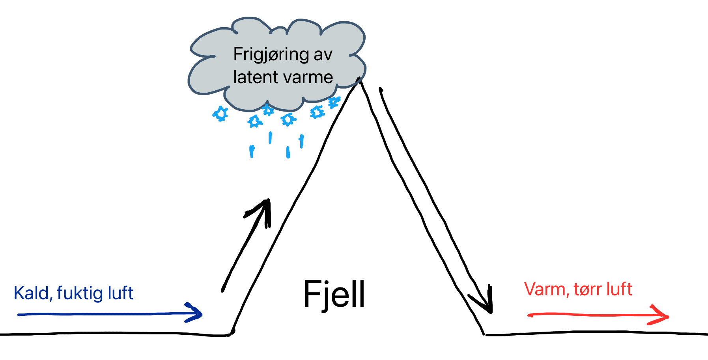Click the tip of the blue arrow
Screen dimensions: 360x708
click(x=201, y=314)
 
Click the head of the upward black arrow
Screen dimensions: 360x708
click(x=267, y=201)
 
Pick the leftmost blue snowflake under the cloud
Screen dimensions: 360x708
click(x=220, y=114)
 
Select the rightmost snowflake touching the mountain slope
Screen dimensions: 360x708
click(x=334, y=102)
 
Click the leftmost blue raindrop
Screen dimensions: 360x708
click(x=252, y=151)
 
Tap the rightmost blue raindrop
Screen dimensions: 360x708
click(x=302, y=141)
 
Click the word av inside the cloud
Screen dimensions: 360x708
click(x=323, y=55)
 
